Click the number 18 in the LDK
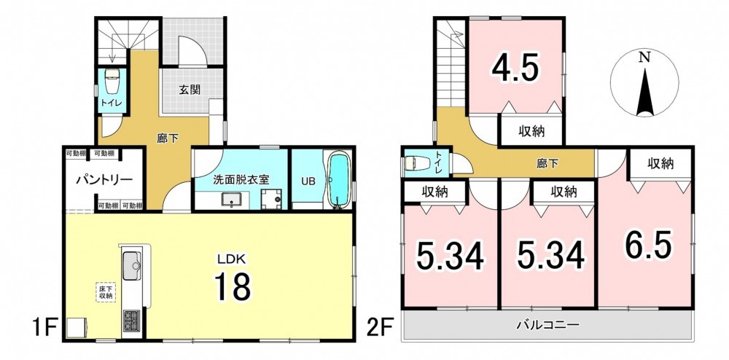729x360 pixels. pyautogui.click(x=233, y=286)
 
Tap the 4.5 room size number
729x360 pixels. pyautogui.click(x=515, y=69)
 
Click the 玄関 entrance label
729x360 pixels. pyautogui.click(x=190, y=90)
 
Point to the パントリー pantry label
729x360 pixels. pyautogui.click(x=105, y=179)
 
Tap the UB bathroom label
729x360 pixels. pyautogui.click(x=308, y=181)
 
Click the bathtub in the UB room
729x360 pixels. pyautogui.click(x=339, y=181)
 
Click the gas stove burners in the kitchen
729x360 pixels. pyautogui.click(x=131, y=320)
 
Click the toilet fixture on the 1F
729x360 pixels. pyautogui.click(x=112, y=82)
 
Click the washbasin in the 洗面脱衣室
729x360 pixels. pyautogui.click(x=231, y=200)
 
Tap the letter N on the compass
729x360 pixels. pyautogui.click(x=644, y=58)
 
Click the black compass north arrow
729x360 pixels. pyautogui.click(x=644, y=91)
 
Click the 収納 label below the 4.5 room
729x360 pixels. pyautogui.click(x=532, y=131)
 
